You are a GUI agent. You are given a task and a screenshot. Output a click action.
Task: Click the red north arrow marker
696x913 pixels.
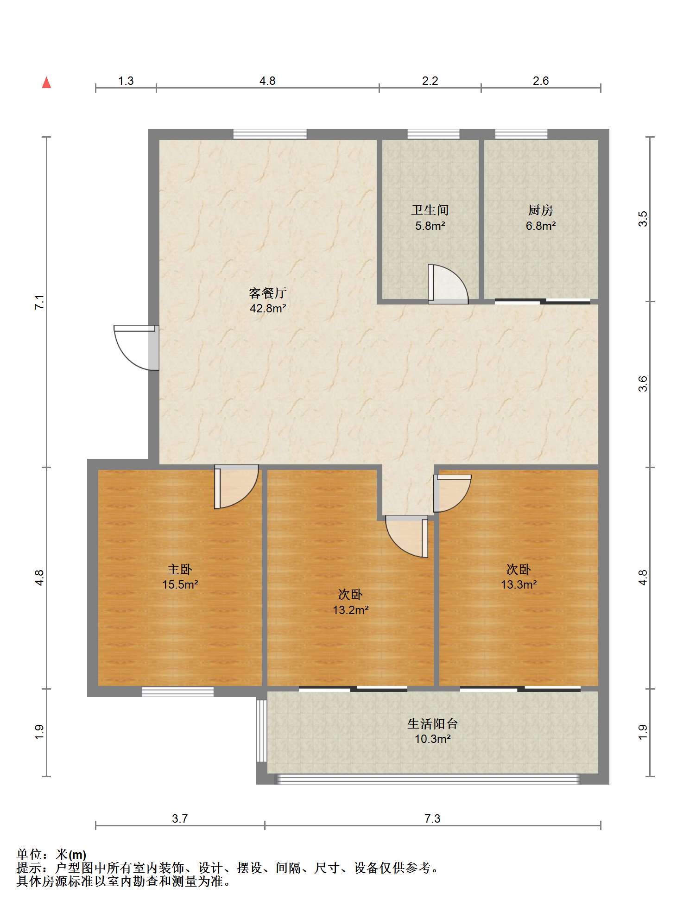46,82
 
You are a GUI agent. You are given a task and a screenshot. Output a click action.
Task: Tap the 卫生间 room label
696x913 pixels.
430,210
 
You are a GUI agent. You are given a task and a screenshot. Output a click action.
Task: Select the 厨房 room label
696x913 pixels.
540,210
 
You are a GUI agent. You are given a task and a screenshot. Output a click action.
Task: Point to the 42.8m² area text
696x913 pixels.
268,308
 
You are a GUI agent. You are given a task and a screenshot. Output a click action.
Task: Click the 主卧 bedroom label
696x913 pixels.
180,569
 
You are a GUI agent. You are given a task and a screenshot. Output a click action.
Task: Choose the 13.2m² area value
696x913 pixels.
350,610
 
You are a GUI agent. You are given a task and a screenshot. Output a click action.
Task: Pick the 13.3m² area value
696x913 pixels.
519,584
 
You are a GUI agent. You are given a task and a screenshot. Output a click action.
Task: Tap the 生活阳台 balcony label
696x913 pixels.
432,723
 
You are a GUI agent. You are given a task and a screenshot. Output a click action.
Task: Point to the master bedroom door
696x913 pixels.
235,487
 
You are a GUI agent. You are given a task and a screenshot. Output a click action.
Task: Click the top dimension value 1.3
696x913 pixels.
126,81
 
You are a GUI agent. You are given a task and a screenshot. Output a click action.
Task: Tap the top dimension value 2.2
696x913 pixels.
430,81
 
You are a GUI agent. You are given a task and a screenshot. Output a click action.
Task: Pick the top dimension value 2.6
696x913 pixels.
540,81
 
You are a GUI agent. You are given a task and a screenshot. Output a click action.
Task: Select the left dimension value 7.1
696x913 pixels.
40,302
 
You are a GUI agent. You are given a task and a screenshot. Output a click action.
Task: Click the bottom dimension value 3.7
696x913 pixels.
180,818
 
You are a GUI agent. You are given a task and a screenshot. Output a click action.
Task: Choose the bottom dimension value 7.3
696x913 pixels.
432,818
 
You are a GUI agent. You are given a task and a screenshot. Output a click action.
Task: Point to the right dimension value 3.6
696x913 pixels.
643,384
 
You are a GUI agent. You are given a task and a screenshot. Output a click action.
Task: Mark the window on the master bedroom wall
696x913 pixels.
177,691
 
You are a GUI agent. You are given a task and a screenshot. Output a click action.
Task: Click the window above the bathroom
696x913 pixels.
433,134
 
